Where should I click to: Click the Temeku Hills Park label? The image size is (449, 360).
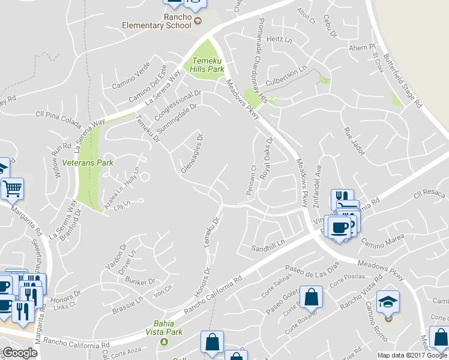click(x=206, y=65)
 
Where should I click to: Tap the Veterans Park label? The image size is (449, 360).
click(x=88, y=163)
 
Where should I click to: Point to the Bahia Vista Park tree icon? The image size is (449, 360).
click(x=164, y=341)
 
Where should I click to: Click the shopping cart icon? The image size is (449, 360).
click(x=12, y=189)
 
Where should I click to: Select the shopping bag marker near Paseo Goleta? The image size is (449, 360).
click(x=311, y=297)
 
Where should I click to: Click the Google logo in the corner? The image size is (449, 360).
click(x=20, y=353)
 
